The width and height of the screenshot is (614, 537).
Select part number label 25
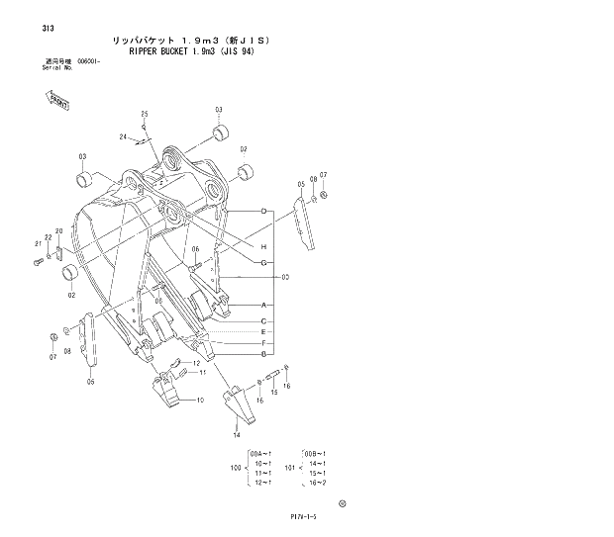coord(144,115)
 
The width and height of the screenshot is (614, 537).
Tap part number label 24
coord(124,135)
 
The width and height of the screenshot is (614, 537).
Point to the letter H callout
coord(264,246)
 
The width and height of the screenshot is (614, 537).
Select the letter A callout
coord(264,305)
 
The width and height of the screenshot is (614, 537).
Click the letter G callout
coord(264,262)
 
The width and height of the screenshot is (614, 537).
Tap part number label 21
coord(38,243)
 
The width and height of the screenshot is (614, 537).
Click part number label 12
coord(198,363)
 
